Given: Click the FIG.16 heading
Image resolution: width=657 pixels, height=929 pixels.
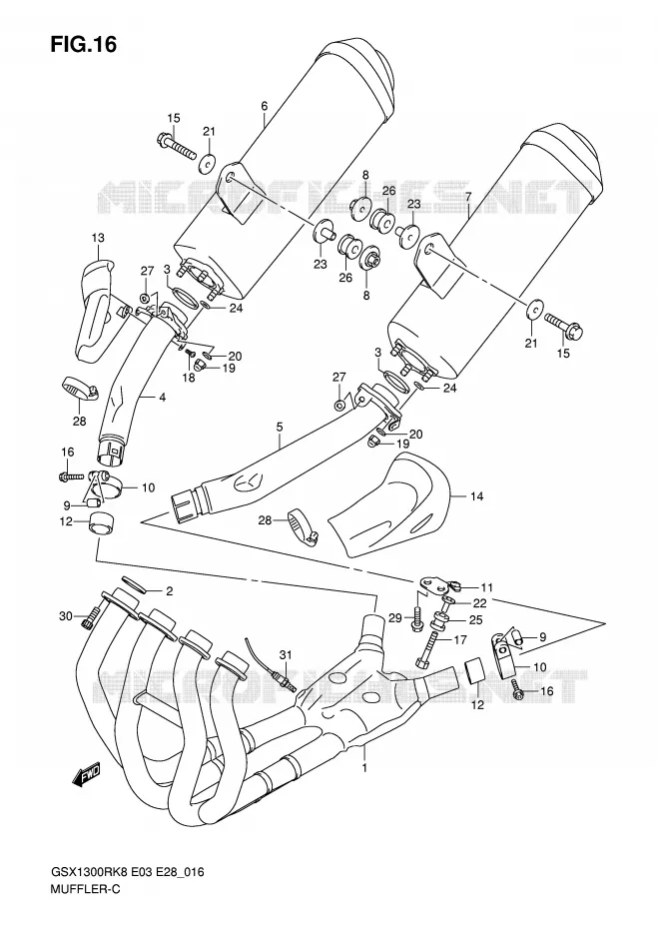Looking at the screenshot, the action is pyautogui.click(x=83, y=44).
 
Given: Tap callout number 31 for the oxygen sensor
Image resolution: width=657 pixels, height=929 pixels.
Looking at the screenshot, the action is pyautogui.click(x=287, y=654).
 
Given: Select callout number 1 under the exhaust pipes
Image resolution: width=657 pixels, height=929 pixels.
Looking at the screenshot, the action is pyautogui.click(x=364, y=768).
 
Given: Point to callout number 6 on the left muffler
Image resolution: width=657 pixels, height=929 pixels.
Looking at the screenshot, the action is pyautogui.click(x=265, y=106).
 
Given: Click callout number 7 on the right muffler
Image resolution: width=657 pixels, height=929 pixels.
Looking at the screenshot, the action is pyautogui.click(x=468, y=196).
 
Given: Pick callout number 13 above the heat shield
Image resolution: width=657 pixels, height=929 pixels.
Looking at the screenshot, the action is pyautogui.click(x=98, y=238).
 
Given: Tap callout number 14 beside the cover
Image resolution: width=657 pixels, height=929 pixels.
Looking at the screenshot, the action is pyautogui.click(x=477, y=496).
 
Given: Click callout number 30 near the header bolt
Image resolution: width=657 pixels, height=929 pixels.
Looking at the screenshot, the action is pyautogui.click(x=66, y=616).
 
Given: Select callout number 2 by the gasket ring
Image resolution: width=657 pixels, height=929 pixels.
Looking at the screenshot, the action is pyautogui.click(x=169, y=590).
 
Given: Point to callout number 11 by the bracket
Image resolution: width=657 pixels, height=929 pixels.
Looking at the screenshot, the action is pyautogui.click(x=486, y=587).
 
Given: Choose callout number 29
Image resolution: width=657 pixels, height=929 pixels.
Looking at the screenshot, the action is pyautogui.click(x=411, y=618).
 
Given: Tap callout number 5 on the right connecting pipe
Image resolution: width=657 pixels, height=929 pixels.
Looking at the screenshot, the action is pyautogui.click(x=279, y=427).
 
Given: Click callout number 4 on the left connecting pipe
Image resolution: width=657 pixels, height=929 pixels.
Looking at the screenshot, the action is pyautogui.click(x=162, y=398).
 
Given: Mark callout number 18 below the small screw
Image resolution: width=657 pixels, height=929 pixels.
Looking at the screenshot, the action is pyautogui.click(x=189, y=378).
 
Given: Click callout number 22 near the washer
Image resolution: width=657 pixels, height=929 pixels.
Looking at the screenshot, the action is pyautogui.click(x=480, y=603).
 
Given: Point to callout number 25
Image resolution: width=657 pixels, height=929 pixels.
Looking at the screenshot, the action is pyautogui.click(x=476, y=620).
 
